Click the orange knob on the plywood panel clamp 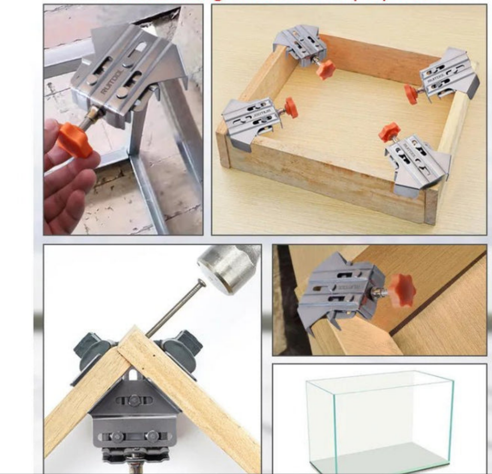pos(402,290)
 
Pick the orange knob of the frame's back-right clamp pos(411,94)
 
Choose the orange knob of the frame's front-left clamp pos(290,108)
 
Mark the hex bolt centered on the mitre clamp pos(134,400)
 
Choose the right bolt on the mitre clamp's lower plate pos(152,436)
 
